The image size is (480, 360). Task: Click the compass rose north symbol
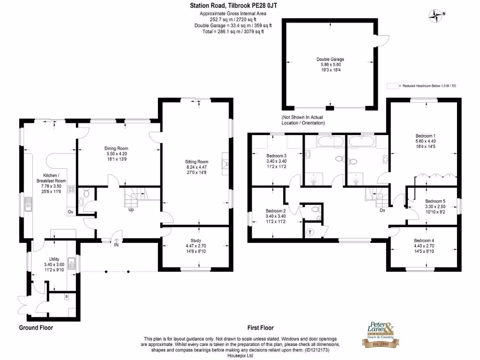(436, 15)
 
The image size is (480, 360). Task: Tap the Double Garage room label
(330, 60)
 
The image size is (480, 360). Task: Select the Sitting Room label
(196, 162)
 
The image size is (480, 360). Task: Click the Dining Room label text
(116, 149)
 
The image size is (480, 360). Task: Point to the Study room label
(196, 240)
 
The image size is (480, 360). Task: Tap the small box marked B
(66, 297)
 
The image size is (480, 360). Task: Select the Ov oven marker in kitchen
(70, 212)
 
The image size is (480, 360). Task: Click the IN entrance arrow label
(117, 244)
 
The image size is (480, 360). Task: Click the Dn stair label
(382, 210)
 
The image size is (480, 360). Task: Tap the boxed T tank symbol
(310, 232)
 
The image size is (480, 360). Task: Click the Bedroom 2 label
(276, 210)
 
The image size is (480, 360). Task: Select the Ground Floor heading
(36, 328)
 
